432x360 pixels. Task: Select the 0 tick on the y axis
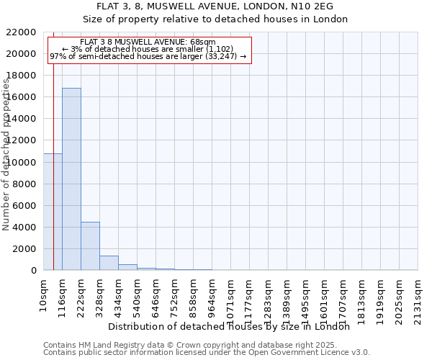[x=34, y=271]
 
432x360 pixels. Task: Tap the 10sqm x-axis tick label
[x=42, y=296]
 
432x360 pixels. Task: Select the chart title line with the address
[x=215, y=6]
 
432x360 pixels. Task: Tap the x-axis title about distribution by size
[x=233, y=326]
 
